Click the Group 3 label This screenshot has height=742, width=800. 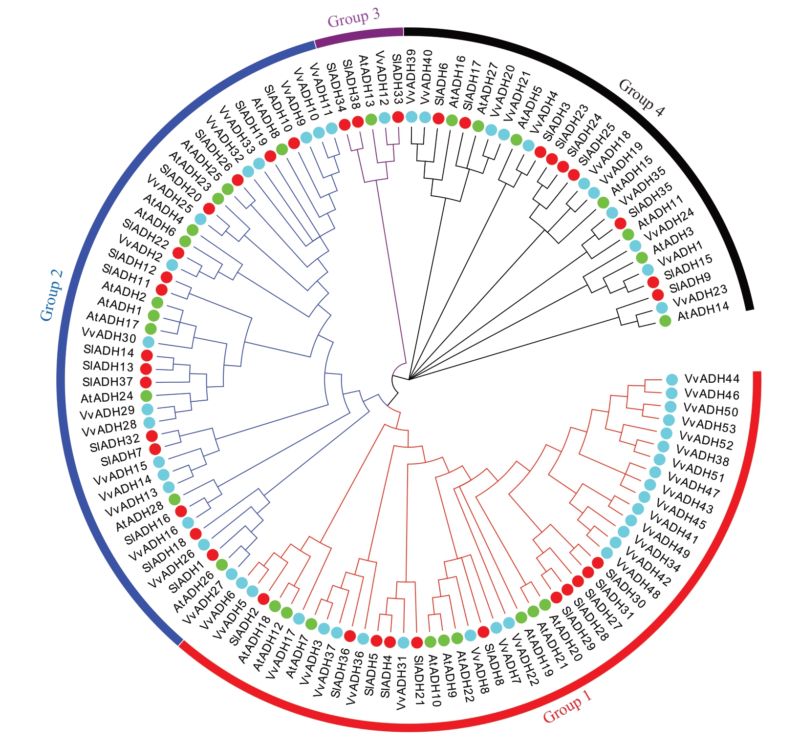coord(353,18)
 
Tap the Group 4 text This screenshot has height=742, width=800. coord(642,98)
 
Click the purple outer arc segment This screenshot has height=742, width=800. coord(359,37)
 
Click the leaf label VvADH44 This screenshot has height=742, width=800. coord(712,379)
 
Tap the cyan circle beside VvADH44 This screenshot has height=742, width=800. coord(672,379)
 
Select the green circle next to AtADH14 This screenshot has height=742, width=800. coord(665,321)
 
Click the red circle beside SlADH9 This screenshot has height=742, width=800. coord(658,294)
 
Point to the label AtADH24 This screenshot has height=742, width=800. coord(107,397)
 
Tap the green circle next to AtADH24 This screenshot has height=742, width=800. coord(146,395)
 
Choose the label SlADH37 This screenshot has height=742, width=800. coord(108,382)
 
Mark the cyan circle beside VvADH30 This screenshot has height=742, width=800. coord(148,341)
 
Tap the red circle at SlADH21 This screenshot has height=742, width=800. coord(417,642)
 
